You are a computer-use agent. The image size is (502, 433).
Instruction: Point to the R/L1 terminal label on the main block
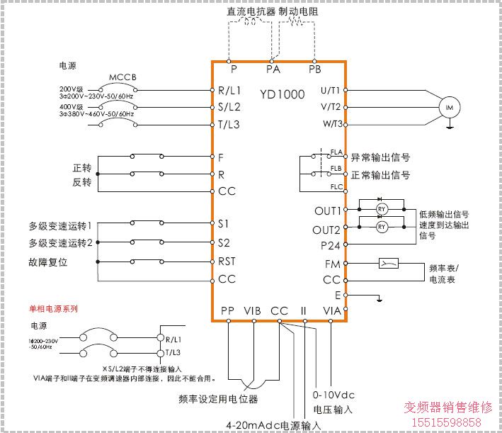tap(229, 91)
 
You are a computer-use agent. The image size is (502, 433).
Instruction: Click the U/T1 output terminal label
tap(331, 90)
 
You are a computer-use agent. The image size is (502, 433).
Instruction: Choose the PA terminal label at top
tap(273, 69)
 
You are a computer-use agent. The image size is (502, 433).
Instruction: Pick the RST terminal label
tap(227, 262)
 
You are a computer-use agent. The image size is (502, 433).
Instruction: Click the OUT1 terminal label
tap(327, 211)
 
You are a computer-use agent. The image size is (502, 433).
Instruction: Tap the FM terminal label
tap(333, 264)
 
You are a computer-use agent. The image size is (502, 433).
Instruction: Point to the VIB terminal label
tap(252, 310)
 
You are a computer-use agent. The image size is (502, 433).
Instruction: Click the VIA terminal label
tap(332, 310)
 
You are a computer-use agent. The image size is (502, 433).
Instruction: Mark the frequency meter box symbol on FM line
tap(389, 264)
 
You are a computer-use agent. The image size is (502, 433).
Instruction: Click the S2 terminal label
tap(224, 242)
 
